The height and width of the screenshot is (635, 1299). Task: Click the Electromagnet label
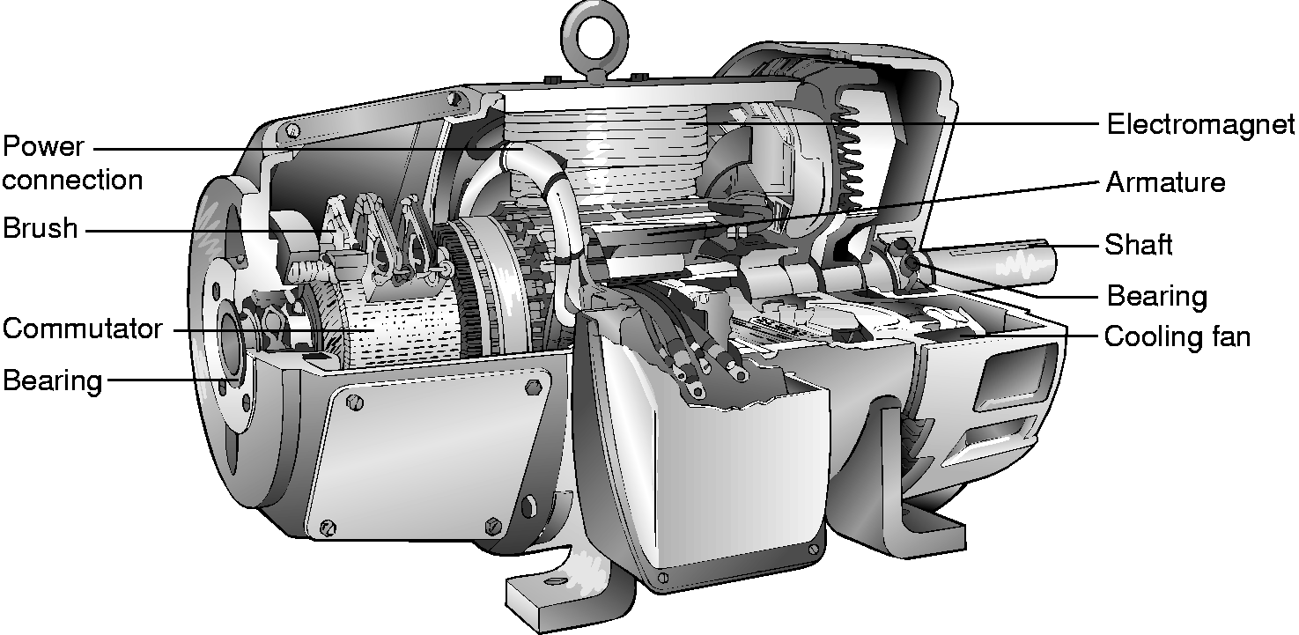tap(1200, 125)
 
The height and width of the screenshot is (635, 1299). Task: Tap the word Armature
tap(1166, 182)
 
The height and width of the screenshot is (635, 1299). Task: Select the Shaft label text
tap(1139, 245)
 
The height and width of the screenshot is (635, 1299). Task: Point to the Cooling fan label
tap(1177, 337)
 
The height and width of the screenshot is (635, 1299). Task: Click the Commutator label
tap(83, 329)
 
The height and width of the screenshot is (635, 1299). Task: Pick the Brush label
tap(40, 228)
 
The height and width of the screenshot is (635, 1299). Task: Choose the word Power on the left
tap(43, 146)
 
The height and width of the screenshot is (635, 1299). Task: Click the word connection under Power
tap(72, 181)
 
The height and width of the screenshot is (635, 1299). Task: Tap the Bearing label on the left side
tap(52, 381)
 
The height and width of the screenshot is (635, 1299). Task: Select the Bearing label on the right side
tap(1157, 296)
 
